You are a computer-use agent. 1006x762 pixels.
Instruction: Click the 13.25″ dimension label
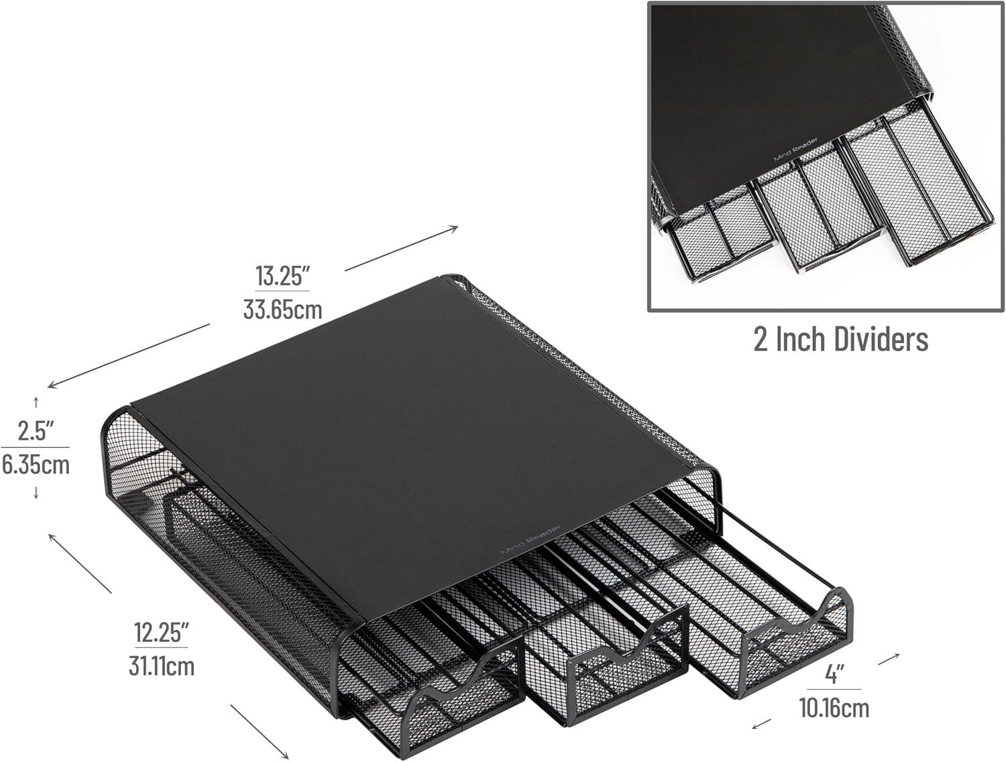point(282,275)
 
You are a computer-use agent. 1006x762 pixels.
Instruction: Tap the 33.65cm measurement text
point(282,309)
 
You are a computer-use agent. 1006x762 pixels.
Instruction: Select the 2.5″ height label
point(36,430)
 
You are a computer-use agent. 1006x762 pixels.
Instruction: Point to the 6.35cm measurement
point(36,464)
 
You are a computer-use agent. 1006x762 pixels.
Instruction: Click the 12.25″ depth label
point(161,632)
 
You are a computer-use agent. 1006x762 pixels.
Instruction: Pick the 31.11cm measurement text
point(162,666)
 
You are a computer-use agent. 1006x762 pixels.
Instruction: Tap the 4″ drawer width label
point(834,674)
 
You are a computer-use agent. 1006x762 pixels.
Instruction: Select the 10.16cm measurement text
point(834,708)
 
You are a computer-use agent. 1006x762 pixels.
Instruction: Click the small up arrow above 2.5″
point(36,403)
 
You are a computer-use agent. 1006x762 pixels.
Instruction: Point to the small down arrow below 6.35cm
point(36,493)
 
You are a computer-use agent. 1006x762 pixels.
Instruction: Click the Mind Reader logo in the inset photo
point(795,149)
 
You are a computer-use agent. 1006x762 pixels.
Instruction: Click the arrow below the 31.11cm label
point(260,732)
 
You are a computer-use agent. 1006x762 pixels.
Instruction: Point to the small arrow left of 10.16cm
point(761,724)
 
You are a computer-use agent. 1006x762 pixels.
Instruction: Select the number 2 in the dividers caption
point(761,339)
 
